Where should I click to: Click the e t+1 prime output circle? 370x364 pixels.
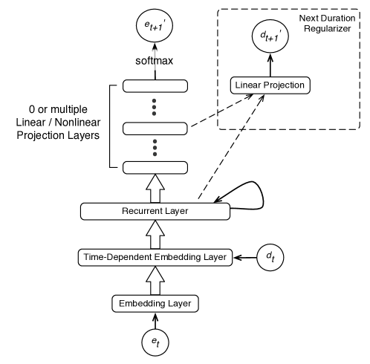click(x=155, y=27)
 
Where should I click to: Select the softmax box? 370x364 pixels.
click(x=155, y=60)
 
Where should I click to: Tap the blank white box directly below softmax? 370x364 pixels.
click(x=155, y=88)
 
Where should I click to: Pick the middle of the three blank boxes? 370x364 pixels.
click(x=155, y=129)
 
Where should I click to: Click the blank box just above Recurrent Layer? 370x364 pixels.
click(x=155, y=167)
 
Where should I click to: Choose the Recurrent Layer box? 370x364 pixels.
click(x=155, y=212)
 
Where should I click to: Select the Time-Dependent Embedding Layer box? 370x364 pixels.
click(x=155, y=257)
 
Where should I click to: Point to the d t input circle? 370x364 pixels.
click(x=269, y=257)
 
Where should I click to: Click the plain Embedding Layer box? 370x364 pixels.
click(x=155, y=303)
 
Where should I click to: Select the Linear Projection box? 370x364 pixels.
click(x=270, y=85)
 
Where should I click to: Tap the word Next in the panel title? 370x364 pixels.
click(x=309, y=17)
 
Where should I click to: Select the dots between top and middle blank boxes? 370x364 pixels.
click(x=155, y=108)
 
